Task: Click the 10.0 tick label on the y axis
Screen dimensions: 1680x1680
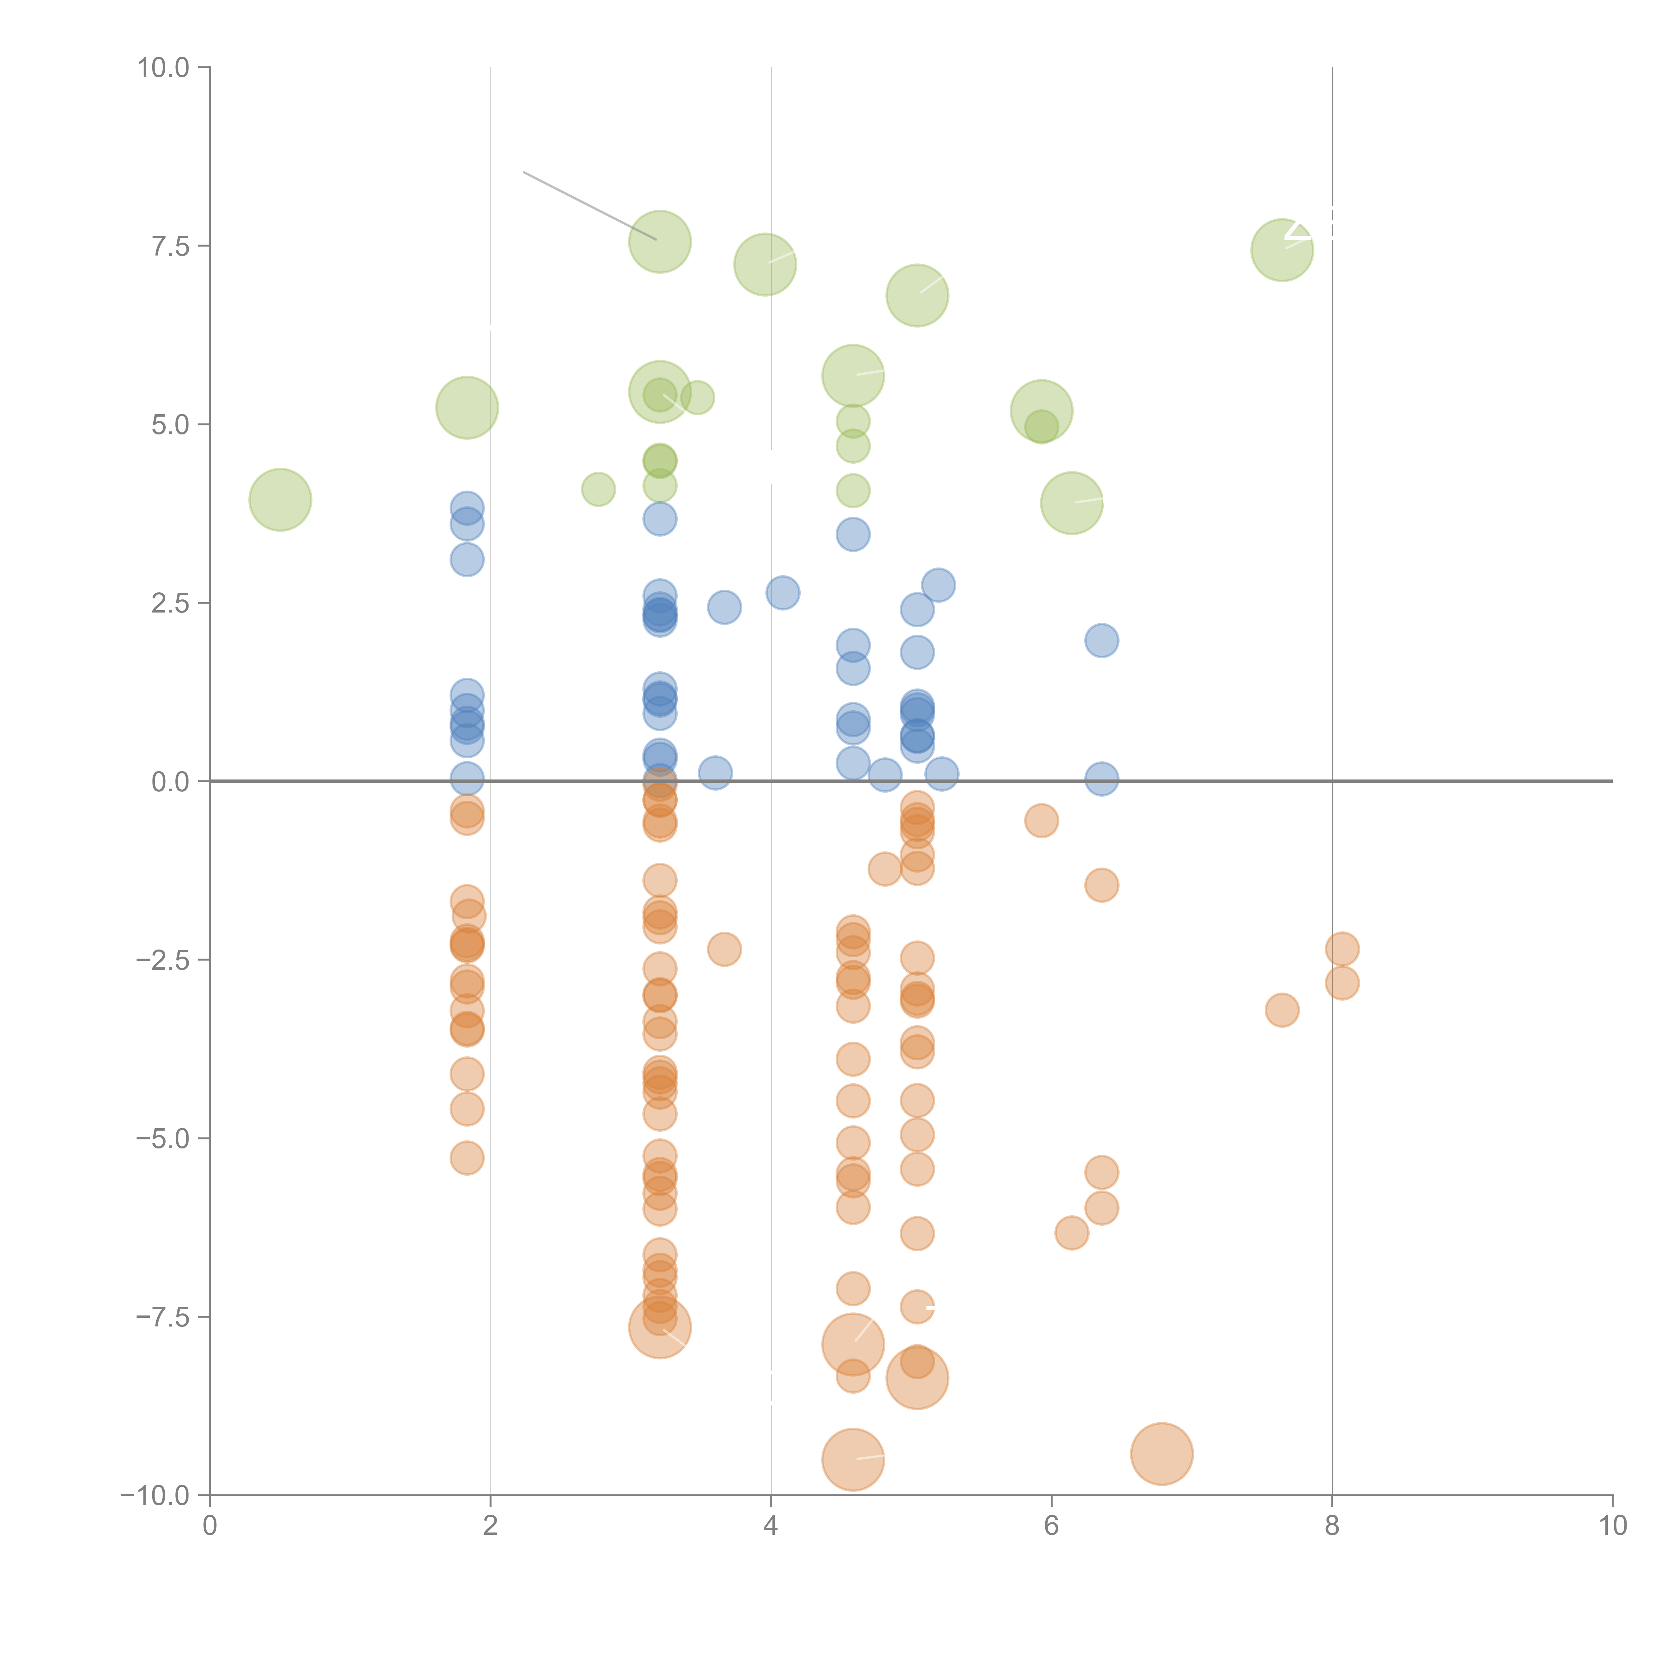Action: coord(164,68)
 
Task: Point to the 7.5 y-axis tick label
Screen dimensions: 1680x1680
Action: coord(170,246)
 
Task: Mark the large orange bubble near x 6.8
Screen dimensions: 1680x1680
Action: coord(1162,1454)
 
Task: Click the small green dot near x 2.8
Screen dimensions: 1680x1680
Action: coord(598,490)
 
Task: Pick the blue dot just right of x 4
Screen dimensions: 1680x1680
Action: coord(783,593)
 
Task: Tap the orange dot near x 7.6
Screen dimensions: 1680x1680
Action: coord(1282,1010)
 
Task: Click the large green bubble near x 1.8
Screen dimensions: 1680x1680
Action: coord(467,408)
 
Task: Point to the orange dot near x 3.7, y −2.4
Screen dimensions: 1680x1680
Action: coord(724,950)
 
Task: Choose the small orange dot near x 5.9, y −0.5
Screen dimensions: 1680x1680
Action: coord(1041,820)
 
